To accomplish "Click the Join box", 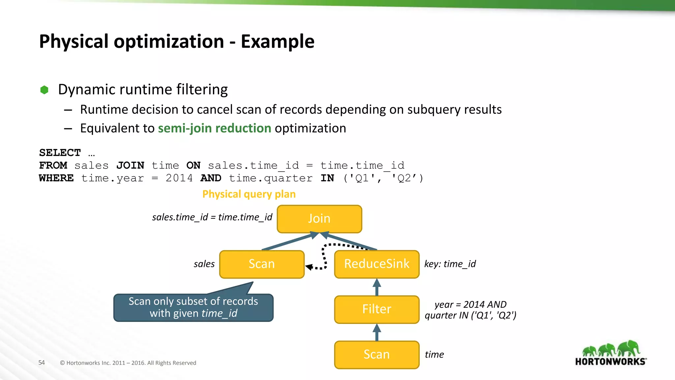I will [x=319, y=219].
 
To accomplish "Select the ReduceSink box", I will [x=376, y=264].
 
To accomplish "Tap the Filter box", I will [x=376, y=309].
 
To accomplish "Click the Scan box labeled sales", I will [x=262, y=264].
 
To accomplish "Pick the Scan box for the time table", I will [x=376, y=354].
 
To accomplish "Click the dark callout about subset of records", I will [x=193, y=307].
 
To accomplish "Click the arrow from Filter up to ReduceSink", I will [x=377, y=287].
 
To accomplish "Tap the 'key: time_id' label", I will [x=450, y=264].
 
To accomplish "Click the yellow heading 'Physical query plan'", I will [x=249, y=194].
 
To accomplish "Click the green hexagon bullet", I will [x=44, y=90].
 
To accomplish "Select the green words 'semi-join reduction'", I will [x=215, y=128].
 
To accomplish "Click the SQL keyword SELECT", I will [x=60, y=153].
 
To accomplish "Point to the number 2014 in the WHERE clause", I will [x=179, y=178].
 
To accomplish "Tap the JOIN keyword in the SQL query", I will [x=130, y=165].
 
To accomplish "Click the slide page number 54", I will [x=42, y=363].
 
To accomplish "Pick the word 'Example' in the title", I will [x=278, y=42].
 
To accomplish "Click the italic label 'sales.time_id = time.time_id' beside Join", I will [x=212, y=217].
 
